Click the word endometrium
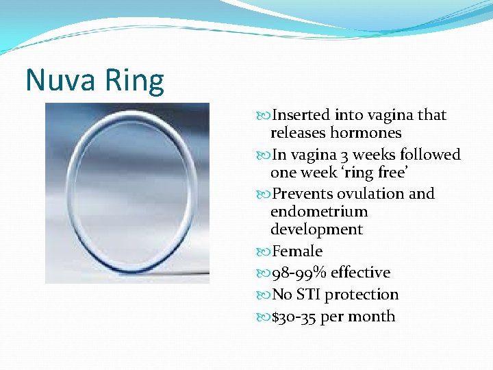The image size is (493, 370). [319, 212]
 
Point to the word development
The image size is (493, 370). [316, 230]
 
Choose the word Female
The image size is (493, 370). [297, 251]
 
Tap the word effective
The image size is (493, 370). [360, 273]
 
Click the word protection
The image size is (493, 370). [362, 295]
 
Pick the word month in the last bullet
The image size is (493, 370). [374, 317]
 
